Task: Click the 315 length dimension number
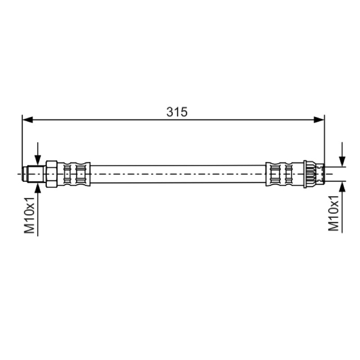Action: [177, 112]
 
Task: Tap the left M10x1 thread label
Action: [29, 215]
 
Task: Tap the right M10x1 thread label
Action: [334, 213]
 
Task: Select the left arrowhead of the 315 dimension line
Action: [28, 120]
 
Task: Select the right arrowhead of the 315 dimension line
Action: [319, 120]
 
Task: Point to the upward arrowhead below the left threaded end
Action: [38, 188]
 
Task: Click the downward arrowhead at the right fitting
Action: [342, 161]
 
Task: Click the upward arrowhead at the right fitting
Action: [342, 187]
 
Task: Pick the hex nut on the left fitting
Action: [52, 174]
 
